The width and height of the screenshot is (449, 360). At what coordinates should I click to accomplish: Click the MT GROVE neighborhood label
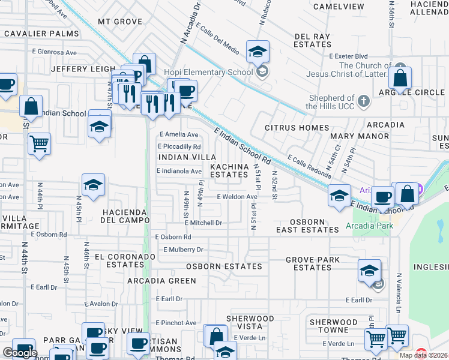[x=120, y=22]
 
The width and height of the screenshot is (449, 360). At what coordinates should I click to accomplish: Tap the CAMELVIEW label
[x=337, y=7]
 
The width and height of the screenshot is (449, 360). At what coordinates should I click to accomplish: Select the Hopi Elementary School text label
[x=216, y=73]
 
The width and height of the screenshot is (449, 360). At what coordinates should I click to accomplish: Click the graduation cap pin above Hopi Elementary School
[x=258, y=52]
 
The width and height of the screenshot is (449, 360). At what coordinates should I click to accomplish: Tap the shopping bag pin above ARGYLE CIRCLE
[x=400, y=78]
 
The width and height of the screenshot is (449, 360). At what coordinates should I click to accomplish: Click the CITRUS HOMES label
[x=297, y=128]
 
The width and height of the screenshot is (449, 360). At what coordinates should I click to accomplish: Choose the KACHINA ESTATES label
[x=228, y=170]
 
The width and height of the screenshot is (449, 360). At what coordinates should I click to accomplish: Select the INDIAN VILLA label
[x=179, y=157]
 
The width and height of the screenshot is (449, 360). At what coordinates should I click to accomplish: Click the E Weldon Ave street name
[x=237, y=197]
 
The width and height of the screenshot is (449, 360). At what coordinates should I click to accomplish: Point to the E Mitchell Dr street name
[x=203, y=223]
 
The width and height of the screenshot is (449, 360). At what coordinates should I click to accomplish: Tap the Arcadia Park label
[x=368, y=227]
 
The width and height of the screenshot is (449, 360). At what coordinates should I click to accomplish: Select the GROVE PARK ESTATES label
[x=312, y=263]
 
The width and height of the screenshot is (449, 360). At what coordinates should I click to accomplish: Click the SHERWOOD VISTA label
[x=250, y=322]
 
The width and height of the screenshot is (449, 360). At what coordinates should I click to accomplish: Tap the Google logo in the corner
[x=20, y=353]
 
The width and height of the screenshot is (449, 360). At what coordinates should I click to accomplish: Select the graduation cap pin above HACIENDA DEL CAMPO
[x=94, y=186]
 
